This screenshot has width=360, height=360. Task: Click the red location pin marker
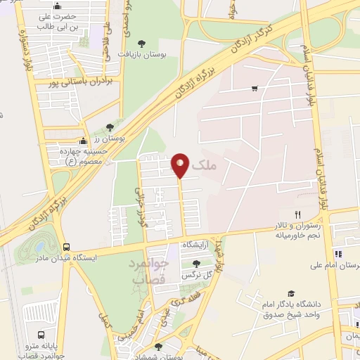point(181,165)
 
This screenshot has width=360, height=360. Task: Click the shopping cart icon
point(254,89)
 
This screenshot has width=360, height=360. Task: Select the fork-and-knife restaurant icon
point(297,214)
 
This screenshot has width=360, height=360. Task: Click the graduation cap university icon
point(290,294)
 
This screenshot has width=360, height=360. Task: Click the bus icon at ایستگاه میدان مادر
point(66,247)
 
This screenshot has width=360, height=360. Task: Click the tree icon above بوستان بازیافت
point(143,43)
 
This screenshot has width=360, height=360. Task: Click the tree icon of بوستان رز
point(110,127)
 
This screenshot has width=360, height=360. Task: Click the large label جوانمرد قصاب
point(150,271)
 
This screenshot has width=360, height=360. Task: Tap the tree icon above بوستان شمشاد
point(157,346)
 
